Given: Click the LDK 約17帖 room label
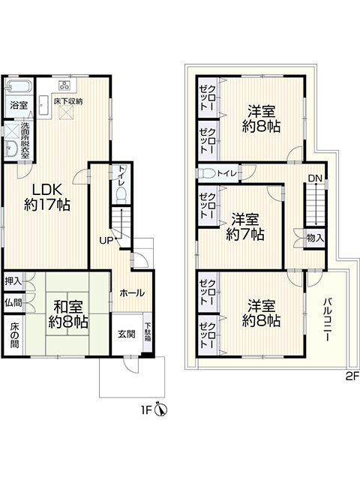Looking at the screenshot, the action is [x=47, y=197].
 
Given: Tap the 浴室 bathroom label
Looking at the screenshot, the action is [x=19, y=105].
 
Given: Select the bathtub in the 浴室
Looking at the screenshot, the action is [x=19, y=85].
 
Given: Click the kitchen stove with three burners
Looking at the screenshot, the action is [x=64, y=85].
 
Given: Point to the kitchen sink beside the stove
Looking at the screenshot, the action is [x=43, y=105].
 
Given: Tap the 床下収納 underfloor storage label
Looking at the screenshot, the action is [x=68, y=101].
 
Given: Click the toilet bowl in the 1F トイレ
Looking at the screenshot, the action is [x=121, y=196].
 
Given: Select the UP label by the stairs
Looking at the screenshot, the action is [x=106, y=241].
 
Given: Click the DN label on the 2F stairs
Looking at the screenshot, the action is [x=315, y=178].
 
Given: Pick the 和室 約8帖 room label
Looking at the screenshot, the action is [x=68, y=314].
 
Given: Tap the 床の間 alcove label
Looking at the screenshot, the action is [x=14, y=335].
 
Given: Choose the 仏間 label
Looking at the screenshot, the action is [x=13, y=303].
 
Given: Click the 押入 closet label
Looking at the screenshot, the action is [x=13, y=281].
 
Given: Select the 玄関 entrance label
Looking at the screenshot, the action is [x=127, y=334].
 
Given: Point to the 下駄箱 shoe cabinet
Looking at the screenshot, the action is [x=148, y=331].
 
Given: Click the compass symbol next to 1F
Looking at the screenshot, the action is [x=161, y=409].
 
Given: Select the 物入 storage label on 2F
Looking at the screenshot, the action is [x=315, y=238].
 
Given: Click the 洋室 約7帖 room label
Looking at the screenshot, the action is [x=245, y=226].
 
